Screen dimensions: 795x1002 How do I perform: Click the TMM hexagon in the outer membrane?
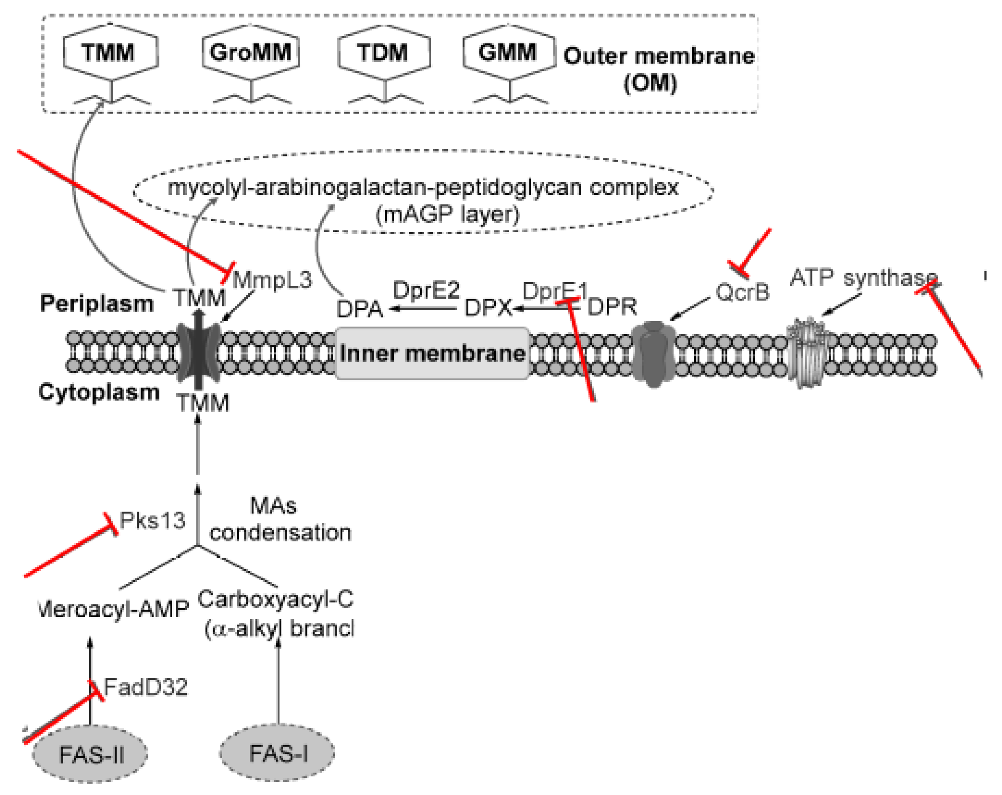click(x=111, y=52)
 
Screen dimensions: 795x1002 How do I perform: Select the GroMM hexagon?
click(x=251, y=52)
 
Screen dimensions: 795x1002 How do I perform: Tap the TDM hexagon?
click(x=384, y=52)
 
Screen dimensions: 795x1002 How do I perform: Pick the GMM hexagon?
click(x=509, y=52)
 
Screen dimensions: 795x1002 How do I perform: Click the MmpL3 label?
click(x=272, y=280)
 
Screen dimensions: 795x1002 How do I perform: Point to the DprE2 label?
click(x=426, y=291)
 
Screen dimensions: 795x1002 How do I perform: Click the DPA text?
click(x=359, y=309)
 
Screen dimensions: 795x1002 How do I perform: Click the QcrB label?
click(x=742, y=292)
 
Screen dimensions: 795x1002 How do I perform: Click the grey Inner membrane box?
click(x=432, y=353)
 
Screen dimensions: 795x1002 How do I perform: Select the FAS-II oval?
click(x=90, y=754)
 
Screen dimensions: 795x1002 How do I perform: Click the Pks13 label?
click(x=152, y=520)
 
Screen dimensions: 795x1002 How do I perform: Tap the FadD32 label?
click(x=146, y=687)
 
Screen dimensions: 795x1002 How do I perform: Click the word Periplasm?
click(x=97, y=304)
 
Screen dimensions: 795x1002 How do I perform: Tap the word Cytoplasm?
click(x=99, y=392)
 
